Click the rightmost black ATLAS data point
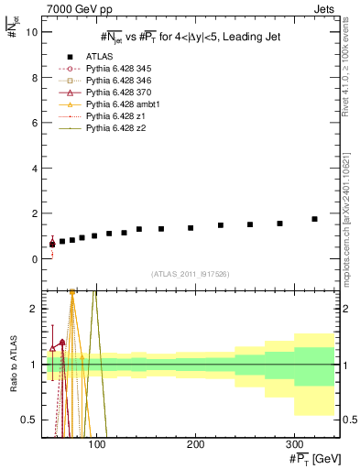tap(314, 219)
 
